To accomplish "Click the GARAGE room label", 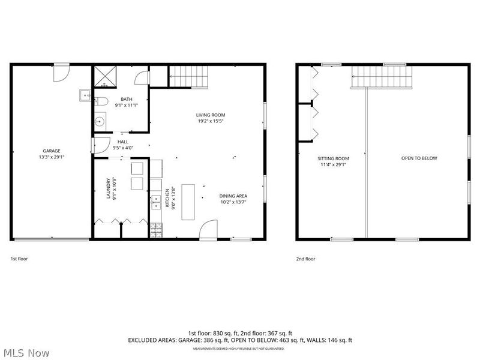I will click(x=52, y=151).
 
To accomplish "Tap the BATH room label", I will click(x=127, y=99).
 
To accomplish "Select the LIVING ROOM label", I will click(x=211, y=115).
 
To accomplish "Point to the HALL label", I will click(x=123, y=142).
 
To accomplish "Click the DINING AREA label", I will click(x=233, y=196).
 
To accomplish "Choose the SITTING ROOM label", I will click(x=333, y=158).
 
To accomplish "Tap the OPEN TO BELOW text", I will click(x=419, y=158).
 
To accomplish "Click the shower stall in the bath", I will click(x=104, y=76).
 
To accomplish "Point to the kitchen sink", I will click(x=155, y=197).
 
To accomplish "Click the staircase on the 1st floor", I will click(x=188, y=77).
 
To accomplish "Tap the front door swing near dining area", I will click(x=208, y=231).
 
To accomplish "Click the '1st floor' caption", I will click(x=19, y=259).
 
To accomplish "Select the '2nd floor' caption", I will click(x=305, y=259).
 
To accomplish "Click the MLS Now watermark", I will click(x=26, y=353).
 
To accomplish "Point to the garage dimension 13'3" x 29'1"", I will click(x=52, y=157).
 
